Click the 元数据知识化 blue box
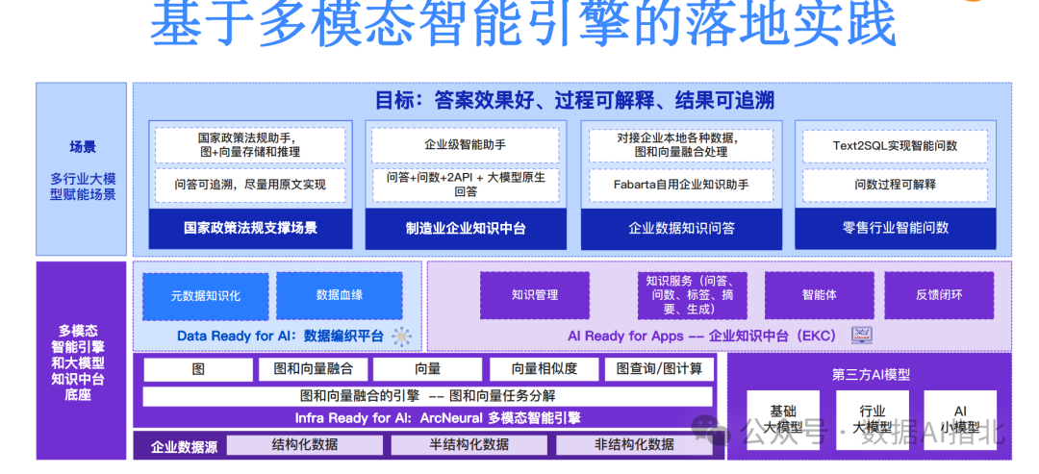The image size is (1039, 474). pos(206,296)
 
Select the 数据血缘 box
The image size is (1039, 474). pos(340,296)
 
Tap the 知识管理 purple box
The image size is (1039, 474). pos(535,296)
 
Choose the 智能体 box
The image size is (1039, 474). pos(819,296)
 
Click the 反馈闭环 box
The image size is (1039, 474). pos(939,296)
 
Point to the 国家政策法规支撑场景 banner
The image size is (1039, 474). pos(250,229)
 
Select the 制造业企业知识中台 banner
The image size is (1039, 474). pos(466,229)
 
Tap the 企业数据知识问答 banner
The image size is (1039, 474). pos(681,229)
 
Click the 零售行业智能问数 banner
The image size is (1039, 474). pos(895,229)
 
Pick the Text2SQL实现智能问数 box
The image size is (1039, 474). pos(895,146)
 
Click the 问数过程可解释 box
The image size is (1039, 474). pos(895,184)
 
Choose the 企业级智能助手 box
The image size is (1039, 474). pos(466,145)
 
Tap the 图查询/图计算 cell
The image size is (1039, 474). pos(659,369)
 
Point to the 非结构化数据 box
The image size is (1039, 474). pos(634,444)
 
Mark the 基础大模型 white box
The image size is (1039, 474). pos(783,419)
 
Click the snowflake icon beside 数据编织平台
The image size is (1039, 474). pos(400,337)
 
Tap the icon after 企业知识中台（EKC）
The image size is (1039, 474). pos(861,336)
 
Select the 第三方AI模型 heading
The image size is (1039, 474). pos(871,374)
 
